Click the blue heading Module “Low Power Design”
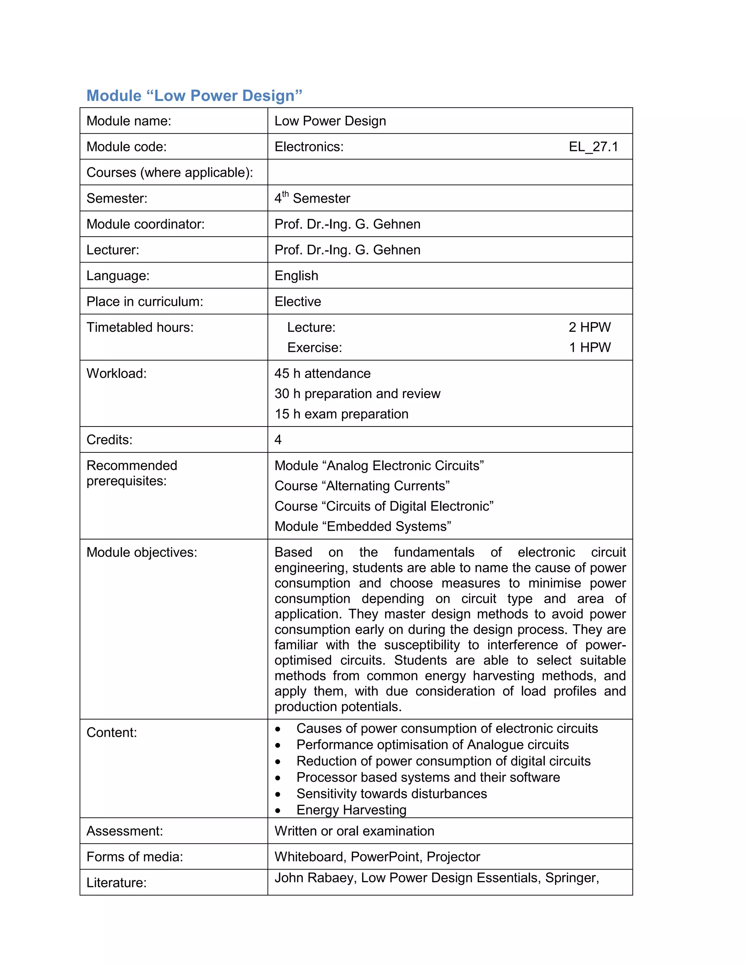point(194,96)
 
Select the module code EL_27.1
point(593,147)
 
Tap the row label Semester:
point(117,198)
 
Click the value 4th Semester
point(312,198)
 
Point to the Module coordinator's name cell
point(348,224)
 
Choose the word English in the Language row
point(296,276)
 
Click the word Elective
point(298,302)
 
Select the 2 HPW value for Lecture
point(590,327)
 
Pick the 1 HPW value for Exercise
point(590,348)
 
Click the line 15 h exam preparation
point(341,414)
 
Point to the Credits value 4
point(278,440)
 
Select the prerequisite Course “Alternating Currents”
point(362,486)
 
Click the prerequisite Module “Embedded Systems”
point(362,526)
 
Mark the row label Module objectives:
point(141,552)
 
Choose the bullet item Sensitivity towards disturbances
point(391,794)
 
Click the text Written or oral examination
point(354,831)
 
